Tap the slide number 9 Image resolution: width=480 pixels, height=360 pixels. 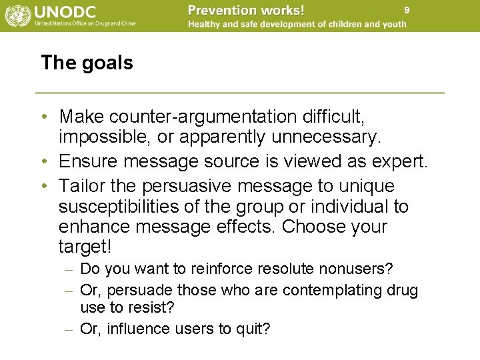407,10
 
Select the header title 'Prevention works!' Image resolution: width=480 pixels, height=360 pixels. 246,10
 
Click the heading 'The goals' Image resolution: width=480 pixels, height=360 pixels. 87,63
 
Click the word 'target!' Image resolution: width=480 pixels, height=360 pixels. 85,247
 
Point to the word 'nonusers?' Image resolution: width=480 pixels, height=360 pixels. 359,269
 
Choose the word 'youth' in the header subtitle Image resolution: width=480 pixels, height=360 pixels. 393,25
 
